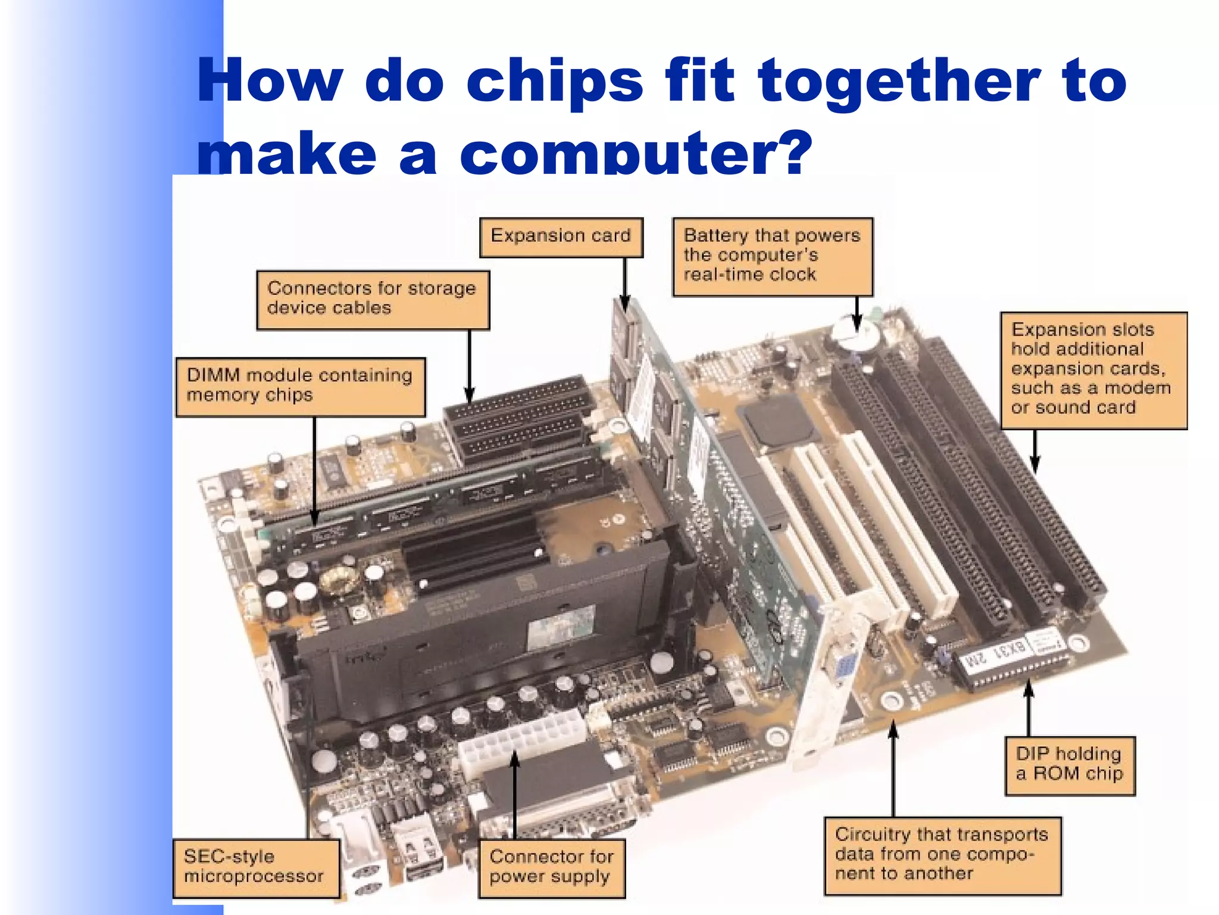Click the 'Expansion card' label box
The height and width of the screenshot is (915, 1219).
(561, 237)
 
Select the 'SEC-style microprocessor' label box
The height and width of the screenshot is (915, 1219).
(255, 867)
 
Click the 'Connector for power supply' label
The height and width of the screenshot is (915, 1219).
(551, 867)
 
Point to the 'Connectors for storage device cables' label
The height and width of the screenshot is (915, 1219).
(373, 299)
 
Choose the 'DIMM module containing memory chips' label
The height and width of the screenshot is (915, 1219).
(301, 386)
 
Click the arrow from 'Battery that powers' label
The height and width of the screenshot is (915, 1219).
(857, 312)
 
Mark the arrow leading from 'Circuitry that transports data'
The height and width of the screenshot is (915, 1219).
(893, 768)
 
